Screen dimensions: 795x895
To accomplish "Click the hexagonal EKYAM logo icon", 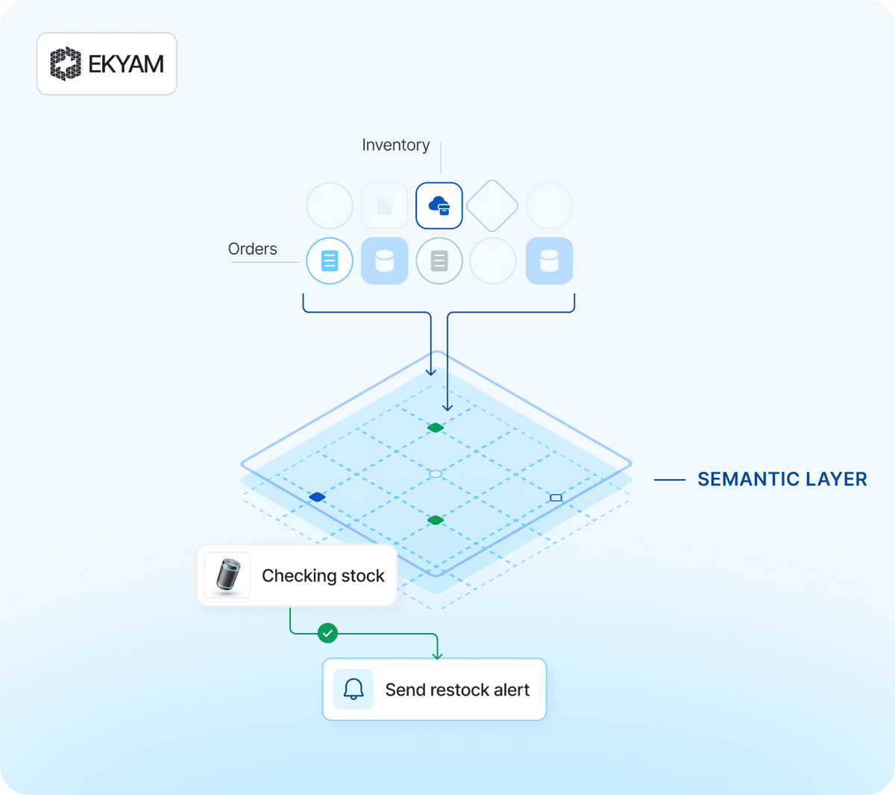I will (x=66, y=63).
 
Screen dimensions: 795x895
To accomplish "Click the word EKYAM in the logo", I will (x=126, y=64).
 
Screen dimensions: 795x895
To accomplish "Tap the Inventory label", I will (x=395, y=145).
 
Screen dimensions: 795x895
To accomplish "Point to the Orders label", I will (x=252, y=249).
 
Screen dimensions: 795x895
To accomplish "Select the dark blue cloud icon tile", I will (x=439, y=205).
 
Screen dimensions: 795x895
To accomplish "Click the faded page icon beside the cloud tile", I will (x=384, y=205).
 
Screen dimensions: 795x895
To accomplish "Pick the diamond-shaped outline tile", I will (x=492, y=205).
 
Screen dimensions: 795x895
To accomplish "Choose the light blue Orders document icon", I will (x=329, y=261).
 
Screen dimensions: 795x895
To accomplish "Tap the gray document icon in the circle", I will (x=439, y=261).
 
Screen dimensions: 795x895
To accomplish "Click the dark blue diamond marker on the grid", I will (x=317, y=497).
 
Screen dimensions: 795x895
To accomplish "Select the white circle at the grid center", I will (x=436, y=474).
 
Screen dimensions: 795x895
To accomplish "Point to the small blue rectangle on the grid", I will (x=556, y=498).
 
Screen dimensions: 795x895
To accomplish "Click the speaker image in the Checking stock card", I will (x=228, y=576).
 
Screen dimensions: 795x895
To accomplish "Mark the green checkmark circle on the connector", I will (x=327, y=633).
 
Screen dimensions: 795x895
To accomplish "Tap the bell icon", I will (x=354, y=689).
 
